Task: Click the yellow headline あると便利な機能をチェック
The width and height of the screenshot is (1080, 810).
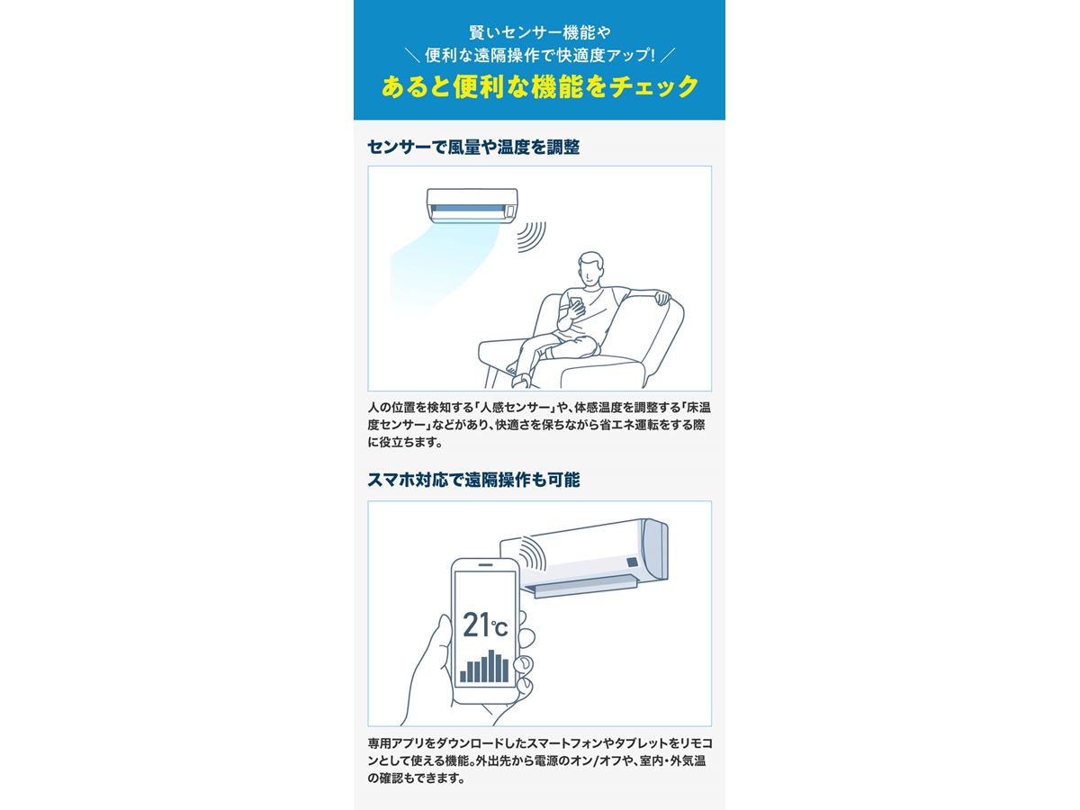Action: point(540,87)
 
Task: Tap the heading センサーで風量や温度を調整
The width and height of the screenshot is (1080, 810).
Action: point(473,147)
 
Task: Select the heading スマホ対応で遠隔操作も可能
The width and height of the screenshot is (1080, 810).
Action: point(473,480)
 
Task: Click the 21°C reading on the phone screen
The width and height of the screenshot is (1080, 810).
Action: point(484,625)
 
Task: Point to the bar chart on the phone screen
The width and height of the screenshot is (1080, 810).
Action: point(484,666)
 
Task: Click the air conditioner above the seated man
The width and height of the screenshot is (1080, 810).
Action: point(472,205)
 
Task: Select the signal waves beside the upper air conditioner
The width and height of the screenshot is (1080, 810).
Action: point(531,237)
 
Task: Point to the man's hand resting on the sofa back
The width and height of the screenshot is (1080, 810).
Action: point(661,297)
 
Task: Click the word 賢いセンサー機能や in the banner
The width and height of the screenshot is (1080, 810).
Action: point(540,32)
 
